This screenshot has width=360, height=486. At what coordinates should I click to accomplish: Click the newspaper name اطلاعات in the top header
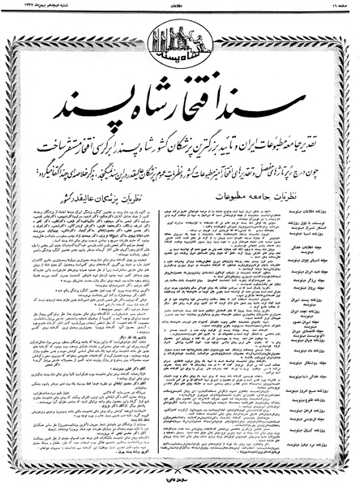tap(180, 5)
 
